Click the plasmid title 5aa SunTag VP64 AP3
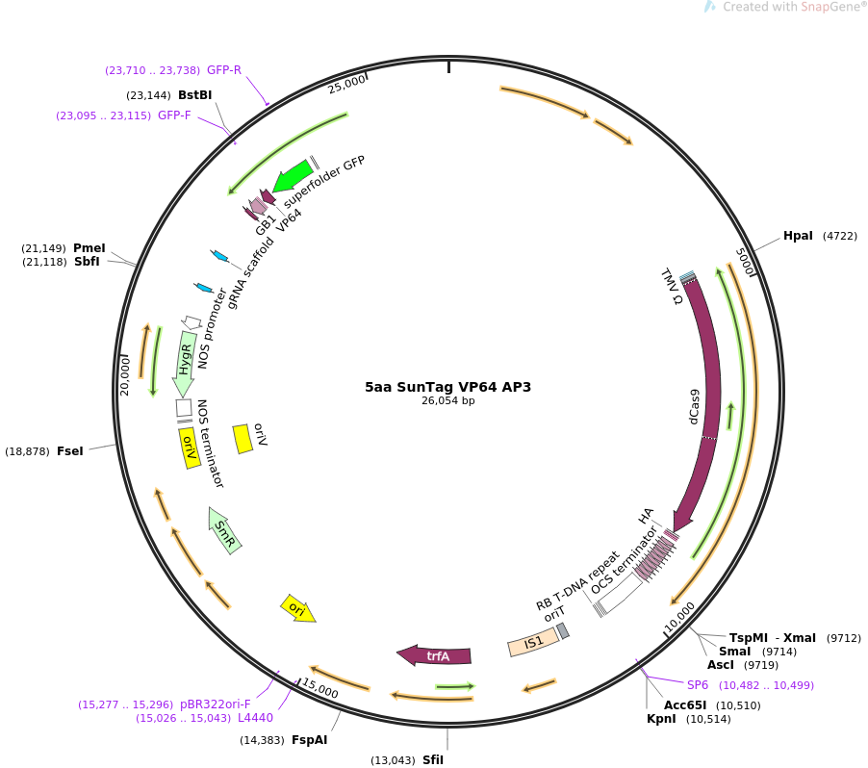447,387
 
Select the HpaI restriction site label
798,236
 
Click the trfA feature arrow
435,655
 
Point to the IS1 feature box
533,642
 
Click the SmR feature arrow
225,530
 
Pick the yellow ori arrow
297,608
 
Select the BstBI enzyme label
194,95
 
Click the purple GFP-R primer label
224,70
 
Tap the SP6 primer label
697,685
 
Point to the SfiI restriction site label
433,760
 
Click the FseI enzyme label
70,451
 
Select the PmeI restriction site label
89,248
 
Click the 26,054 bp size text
447,401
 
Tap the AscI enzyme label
721,665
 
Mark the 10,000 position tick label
681,619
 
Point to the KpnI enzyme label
661,719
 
